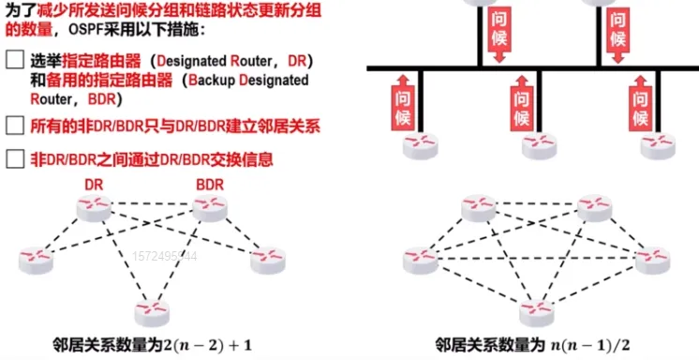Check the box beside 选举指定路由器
click(x=14, y=60)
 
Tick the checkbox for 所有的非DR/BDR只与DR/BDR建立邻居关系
click(x=14, y=125)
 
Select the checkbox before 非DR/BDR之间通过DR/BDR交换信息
click(x=14, y=158)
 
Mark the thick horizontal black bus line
click(x=525, y=68)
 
